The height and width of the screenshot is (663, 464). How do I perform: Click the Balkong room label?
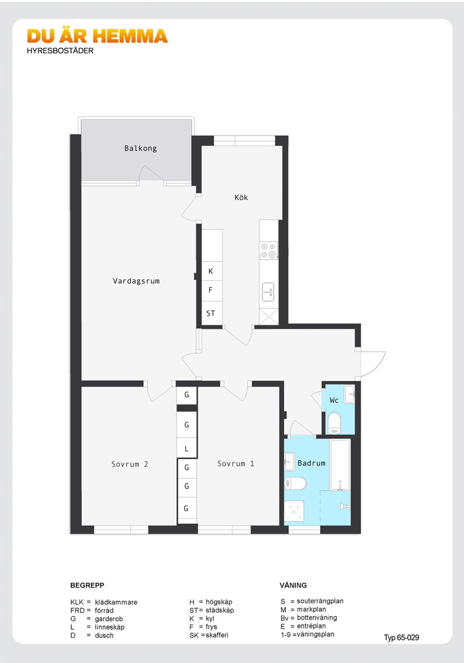140,149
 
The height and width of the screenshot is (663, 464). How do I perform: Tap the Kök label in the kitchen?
241,198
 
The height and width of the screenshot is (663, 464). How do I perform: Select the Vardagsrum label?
136,281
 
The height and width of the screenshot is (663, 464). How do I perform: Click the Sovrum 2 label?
130,464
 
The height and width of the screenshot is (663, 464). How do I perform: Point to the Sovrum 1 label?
236,464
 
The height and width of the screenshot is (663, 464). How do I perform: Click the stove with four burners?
268,250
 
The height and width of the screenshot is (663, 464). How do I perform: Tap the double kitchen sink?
268,292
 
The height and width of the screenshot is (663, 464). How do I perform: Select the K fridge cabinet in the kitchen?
212,271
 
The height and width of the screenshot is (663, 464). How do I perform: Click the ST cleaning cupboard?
212,313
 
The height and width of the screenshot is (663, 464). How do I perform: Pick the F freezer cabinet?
212,291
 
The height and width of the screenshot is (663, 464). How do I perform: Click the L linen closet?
187,448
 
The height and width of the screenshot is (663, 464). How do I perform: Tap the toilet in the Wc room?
334,423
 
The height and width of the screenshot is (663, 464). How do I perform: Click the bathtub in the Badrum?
340,465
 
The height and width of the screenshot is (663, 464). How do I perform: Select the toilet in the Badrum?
295,483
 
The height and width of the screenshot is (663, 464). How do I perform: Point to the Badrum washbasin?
289,461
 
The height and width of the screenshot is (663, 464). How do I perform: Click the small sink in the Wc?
349,394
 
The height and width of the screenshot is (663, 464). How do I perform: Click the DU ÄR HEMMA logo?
97,36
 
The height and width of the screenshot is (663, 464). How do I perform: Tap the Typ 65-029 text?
401,638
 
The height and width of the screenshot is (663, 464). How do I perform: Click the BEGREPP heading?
87,585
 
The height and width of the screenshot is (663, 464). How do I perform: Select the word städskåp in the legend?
220,610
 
